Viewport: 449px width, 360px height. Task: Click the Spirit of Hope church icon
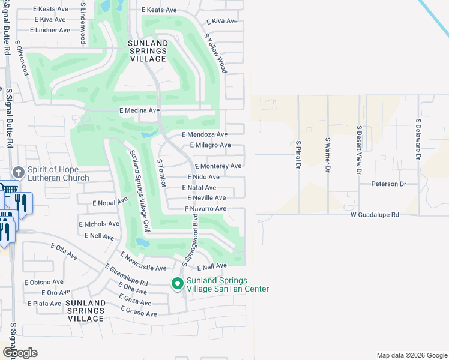(19, 172)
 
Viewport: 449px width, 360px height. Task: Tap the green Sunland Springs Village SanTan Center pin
(178, 284)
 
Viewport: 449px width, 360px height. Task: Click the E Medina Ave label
(139, 110)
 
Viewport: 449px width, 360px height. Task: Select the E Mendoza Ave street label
(205, 135)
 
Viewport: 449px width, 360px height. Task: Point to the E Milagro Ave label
(210, 145)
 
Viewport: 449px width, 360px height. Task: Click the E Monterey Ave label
(217, 166)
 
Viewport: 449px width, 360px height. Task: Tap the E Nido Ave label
(203, 177)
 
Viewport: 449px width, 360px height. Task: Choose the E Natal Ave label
(199, 188)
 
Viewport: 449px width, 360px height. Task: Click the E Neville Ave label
(206, 198)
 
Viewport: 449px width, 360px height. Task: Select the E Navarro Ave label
(205, 209)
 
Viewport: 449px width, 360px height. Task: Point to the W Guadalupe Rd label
(375, 215)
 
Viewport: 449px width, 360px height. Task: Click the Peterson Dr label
(388, 184)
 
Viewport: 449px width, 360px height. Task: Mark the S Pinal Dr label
(298, 155)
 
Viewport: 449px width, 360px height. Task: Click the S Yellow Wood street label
(215, 53)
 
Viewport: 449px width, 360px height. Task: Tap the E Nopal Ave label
(110, 203)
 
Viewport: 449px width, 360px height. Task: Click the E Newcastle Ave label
(143, 263)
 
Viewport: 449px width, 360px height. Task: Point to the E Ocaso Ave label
(139, 311)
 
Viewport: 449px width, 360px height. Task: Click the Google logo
(19, 353)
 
